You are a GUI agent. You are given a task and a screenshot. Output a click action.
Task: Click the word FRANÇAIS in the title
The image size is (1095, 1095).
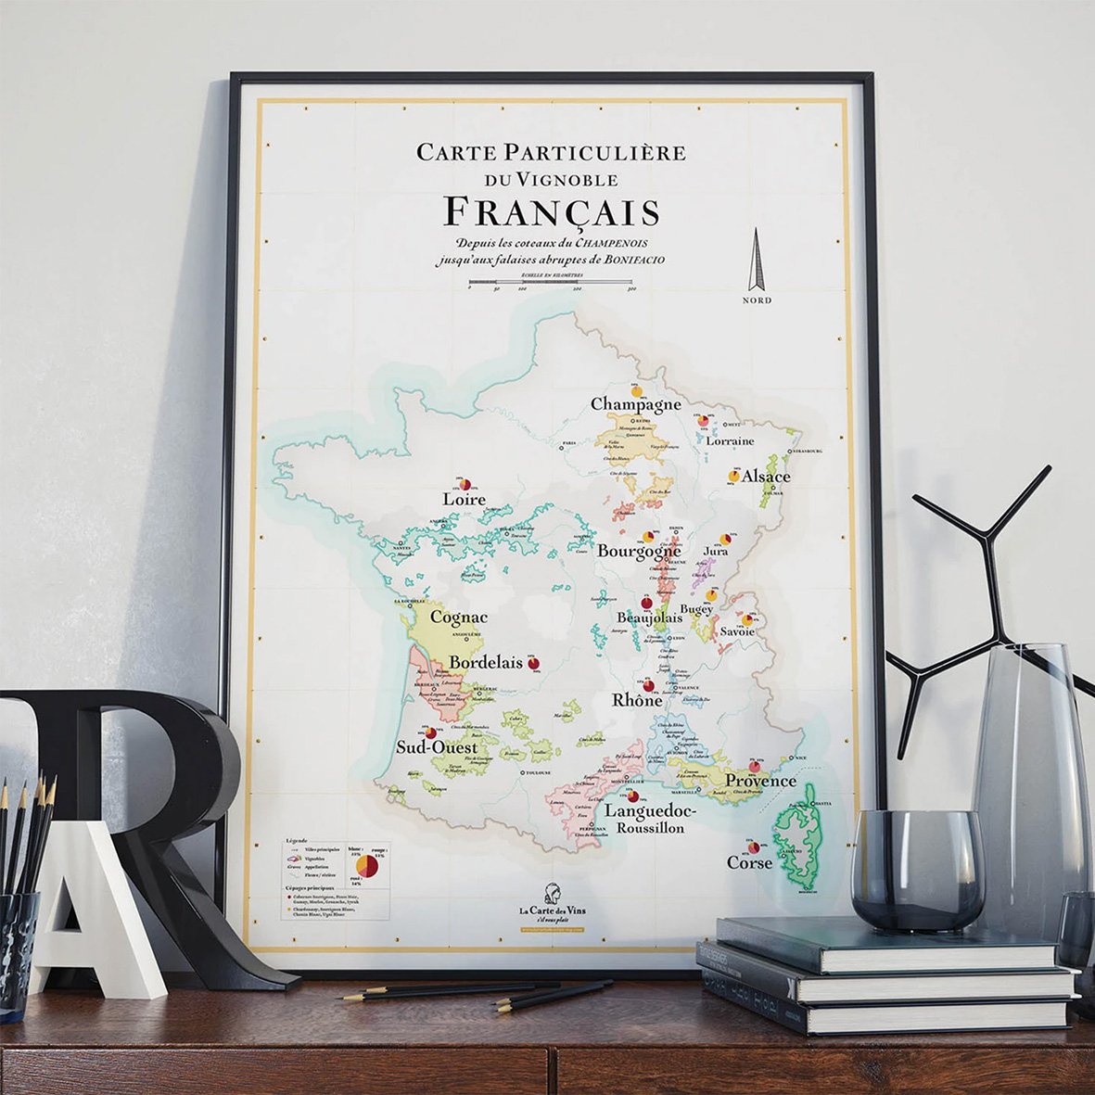pos(552,212)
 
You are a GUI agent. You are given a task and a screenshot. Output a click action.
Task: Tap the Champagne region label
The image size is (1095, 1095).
pos(636,404)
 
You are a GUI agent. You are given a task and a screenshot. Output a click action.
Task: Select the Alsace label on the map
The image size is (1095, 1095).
pos(766,477)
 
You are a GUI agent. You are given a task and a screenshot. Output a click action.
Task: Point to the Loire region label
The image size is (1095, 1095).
pos(464,499)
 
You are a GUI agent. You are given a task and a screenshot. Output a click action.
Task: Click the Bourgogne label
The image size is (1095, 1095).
pos(639,551)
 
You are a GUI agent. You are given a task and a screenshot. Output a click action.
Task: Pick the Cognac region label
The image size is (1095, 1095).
pos(458,618)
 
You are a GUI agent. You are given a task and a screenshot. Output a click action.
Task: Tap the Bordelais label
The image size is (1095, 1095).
pos(486,663)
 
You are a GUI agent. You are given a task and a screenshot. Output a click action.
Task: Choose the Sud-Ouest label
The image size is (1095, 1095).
pos(437,747)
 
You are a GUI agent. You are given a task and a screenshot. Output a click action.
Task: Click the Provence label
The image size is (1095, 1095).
pos(760,781)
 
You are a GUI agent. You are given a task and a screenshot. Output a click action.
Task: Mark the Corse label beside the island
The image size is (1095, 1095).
pos(749,863)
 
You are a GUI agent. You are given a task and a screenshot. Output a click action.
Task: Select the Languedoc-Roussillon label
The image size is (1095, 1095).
pos(650,818)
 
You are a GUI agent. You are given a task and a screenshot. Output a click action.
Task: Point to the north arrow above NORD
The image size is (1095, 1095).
pos(757,261)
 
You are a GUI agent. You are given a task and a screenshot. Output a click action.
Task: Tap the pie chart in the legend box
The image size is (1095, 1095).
pos(367,866)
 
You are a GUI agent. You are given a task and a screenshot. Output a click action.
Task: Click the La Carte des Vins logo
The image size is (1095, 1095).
pos(552,904)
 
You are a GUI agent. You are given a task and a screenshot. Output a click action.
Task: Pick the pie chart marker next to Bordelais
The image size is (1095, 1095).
pos(533,663)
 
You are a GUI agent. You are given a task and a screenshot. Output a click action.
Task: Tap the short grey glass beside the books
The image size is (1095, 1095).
pos(916,868)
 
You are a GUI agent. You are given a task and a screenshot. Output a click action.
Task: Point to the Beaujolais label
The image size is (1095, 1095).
pos(650,618)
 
